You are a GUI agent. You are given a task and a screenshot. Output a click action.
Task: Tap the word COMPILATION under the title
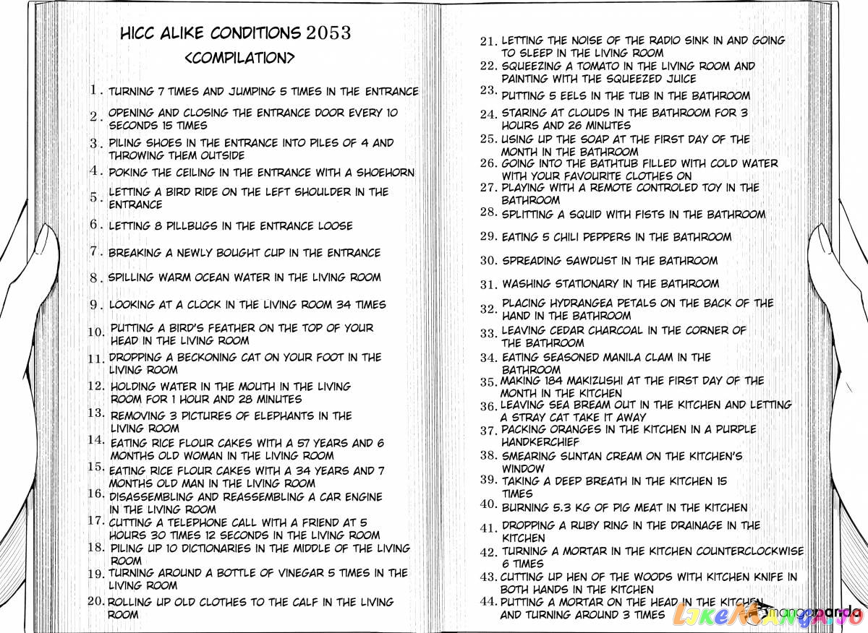pyautogui.click(x=239, y=58)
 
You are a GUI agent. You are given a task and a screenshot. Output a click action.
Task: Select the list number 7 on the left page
pyautogui.click(x=95, y=251)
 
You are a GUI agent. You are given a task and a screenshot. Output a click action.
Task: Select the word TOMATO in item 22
pyautogui.click(x=606, y=66)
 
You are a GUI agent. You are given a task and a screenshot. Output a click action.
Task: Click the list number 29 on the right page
pyautogui.click(x=489, y=236)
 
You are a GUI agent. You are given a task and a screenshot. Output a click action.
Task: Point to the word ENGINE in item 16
pyautogui.click(x=363, y=497)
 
